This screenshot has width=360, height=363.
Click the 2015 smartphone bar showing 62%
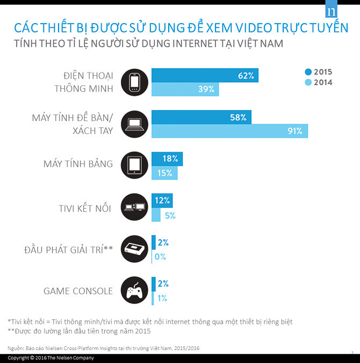(204, 75)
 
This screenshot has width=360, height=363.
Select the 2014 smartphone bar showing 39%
(185, 89)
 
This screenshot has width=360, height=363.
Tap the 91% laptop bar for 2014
(229, 131)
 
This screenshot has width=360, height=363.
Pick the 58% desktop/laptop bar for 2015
(201, 117)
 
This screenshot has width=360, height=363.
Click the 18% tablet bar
(167, 159)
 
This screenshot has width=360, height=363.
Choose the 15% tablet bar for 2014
(164, 173)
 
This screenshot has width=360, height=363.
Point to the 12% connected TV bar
(162, 201)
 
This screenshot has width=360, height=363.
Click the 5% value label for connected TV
(170, 215)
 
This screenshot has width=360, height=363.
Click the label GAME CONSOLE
(78, 291)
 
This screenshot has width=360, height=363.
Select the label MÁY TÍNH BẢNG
(78, 163)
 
